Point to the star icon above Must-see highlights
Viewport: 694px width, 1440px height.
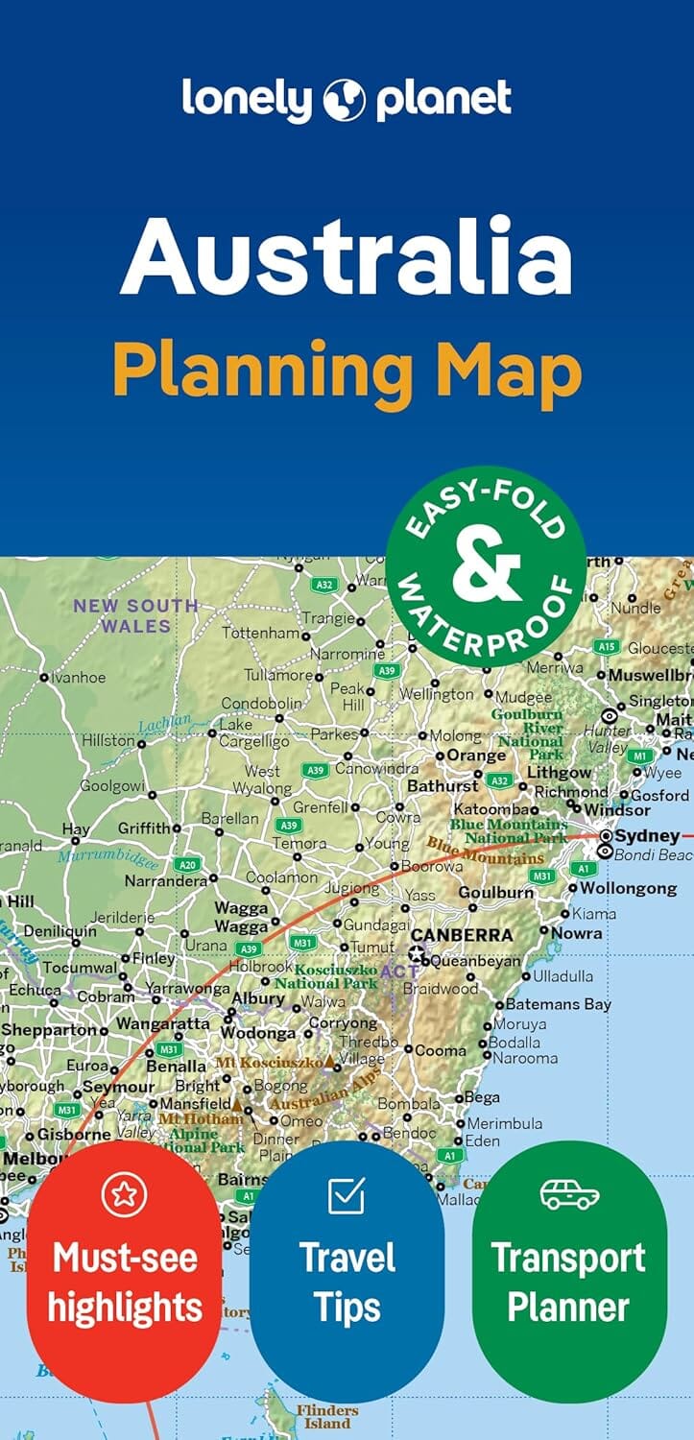coord(124,1193)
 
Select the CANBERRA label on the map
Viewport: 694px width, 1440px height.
coord(462,934)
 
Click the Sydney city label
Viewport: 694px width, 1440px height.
coord(647,835)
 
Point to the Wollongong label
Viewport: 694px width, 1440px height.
coord(628,888)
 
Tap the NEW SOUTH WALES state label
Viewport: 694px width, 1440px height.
coord(136,615)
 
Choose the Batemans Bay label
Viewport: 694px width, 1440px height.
coord(558,1004)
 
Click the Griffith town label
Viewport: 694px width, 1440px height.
coord(143,828)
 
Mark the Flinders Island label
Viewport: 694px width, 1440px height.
coord(326,1416)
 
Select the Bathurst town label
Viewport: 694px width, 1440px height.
coord(443,785)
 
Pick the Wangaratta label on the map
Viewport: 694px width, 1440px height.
coord(162,1023)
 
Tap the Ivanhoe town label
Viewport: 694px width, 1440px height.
coord(79,678)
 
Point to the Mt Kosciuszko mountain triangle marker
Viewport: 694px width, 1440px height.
coord(330,1063)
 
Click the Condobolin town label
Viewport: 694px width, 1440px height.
coord(262,703)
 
